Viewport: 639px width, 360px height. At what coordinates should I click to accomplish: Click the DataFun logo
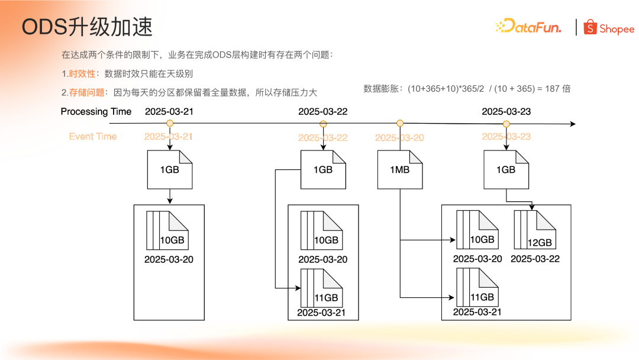point(528,27)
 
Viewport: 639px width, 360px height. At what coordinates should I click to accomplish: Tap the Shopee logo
point(609,28)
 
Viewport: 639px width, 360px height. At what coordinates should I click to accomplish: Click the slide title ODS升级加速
point(87,27)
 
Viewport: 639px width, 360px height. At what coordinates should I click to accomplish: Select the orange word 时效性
point(82,74)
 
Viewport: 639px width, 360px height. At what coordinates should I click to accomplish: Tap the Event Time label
point(93,136)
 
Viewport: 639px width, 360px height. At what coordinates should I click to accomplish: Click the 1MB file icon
point(400,169)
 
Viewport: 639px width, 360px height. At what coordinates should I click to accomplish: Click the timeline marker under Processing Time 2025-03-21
point(170,124)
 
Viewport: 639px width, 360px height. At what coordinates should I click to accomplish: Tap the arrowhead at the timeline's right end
point(572,124)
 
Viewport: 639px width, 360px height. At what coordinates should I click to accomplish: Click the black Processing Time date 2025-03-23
point(506,111)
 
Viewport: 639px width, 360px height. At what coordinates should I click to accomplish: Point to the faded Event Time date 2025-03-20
point(399,137)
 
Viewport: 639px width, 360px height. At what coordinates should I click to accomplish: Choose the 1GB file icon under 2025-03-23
point(506,169)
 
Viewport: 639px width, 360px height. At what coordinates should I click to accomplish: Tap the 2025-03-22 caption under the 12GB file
point(535,259)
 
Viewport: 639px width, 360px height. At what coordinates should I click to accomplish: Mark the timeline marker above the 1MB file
point(400,123)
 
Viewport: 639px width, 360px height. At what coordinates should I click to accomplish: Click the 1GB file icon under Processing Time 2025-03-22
point(323,169)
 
